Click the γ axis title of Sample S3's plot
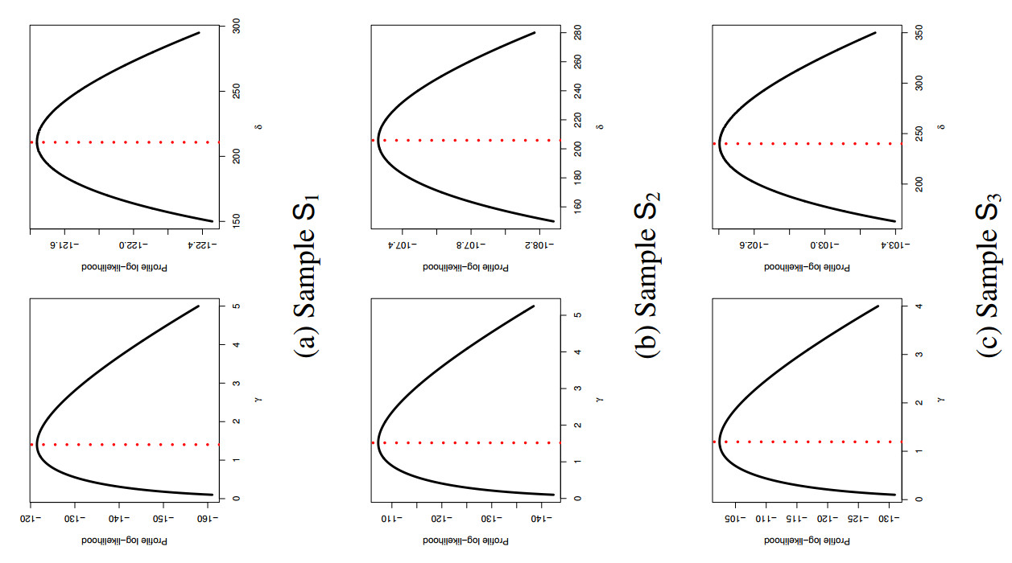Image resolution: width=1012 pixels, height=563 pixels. [x=940, y=400]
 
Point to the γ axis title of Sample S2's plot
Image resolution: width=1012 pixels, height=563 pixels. [x=599, y=400]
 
